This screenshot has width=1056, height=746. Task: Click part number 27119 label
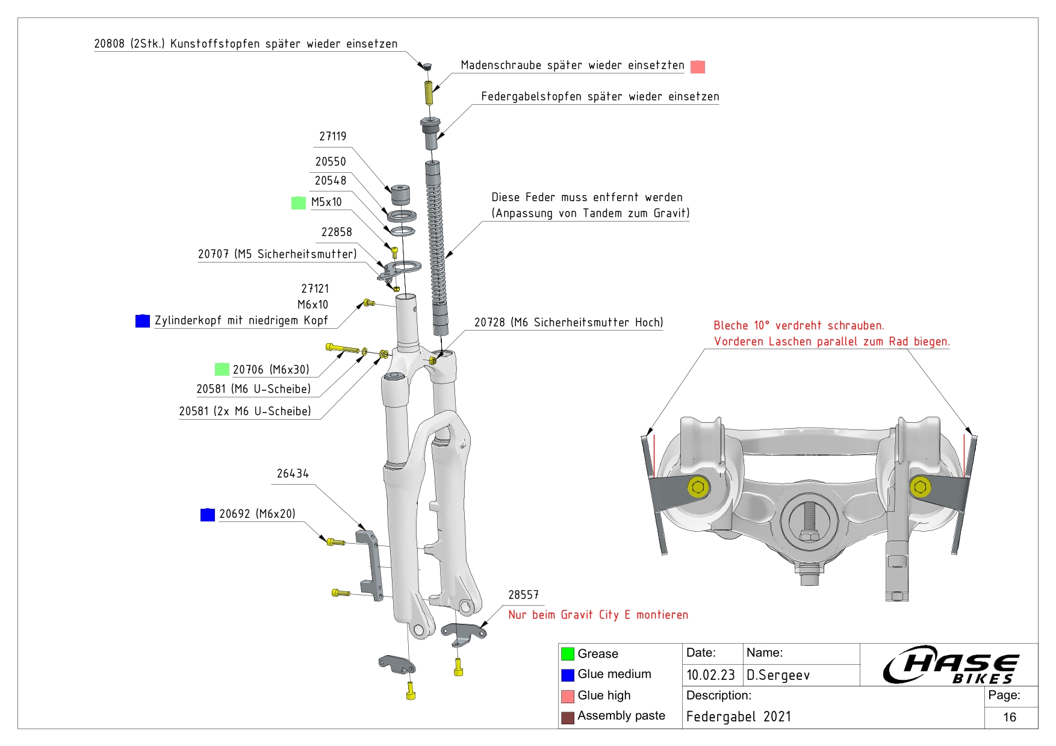pos(332,137)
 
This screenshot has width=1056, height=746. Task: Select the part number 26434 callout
pos(293,474)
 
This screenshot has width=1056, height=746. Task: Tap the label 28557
pos(523,595)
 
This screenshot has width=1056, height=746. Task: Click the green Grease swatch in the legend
pos(568,654)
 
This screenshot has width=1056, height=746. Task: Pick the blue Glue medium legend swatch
pos(568,675)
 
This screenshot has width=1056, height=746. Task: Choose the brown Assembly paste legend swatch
pos(568,717)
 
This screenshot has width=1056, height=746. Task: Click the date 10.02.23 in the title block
pos(710,675)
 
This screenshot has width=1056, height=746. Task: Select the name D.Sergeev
pos(778,676)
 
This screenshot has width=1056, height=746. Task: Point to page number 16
pos(1010,717)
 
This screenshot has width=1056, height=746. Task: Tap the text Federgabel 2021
pos(739,716)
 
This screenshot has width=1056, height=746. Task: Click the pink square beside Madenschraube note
pos(698,67)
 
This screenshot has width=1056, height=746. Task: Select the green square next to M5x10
pos(299,203)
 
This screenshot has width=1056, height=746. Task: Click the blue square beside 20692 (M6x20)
pos(208,515)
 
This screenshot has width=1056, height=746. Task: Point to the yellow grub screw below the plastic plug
pos(429,93)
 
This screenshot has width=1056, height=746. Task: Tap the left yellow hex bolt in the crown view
pos(698,486)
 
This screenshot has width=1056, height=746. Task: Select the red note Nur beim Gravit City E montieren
pos(598,615)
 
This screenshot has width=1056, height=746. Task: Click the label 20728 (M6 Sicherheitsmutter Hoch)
pos(568,323)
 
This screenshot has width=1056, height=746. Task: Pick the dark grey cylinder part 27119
pos(400,195)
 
